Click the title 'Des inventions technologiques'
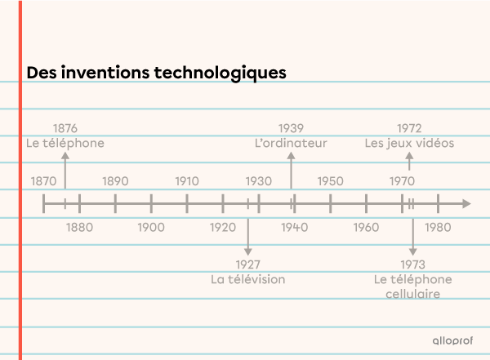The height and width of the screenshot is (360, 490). (x=156, y=73)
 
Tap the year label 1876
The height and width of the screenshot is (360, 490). (x=65, y=128)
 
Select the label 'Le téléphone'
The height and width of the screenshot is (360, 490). (x=65, y=143)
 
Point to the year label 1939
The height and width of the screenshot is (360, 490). (x=291, y=128)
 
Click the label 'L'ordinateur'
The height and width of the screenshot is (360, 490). (x=291, y=143)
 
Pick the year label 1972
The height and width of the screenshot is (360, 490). (x=409, y=128)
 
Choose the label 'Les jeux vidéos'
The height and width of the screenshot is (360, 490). (x=409, y=143)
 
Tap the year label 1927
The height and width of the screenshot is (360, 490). (x=247, y=264)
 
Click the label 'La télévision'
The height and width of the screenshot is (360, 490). (x=247, y=279)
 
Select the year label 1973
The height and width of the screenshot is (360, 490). (x=413, y=264)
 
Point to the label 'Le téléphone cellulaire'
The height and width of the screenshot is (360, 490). (x=413, y=286)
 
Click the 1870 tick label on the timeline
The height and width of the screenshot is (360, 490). (x=43, y=180)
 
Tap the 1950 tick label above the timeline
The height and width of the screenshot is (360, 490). (x=330, y=180)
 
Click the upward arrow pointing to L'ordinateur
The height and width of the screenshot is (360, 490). (x=292, y=171)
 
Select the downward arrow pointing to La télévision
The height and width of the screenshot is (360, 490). (x=248, y=235)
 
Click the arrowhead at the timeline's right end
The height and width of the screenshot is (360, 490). (x=465, y=203)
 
